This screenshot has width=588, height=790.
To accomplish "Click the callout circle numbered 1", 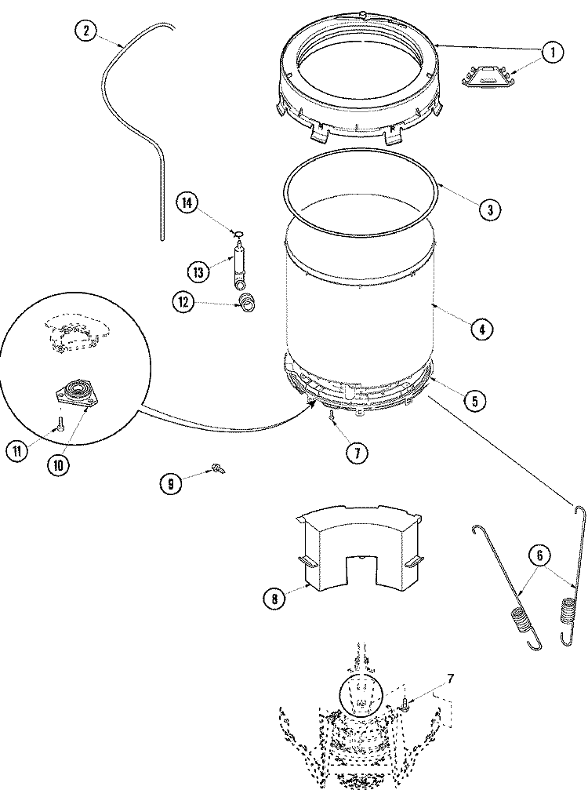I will click(552, 53).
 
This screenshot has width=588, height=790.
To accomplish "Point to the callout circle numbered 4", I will click(481, 329).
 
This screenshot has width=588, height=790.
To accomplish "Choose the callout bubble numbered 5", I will click(474, 401).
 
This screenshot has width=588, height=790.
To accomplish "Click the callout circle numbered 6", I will click(539, 555).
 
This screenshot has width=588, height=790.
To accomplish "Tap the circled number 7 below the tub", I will click(358, 452).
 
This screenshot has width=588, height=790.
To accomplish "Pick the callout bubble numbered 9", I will click(170, 483).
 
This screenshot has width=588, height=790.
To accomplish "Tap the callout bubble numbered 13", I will click(199, 271).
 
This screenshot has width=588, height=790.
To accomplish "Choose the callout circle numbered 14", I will click(187, 202).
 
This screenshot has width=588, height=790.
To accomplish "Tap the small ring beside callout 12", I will click(248, 302).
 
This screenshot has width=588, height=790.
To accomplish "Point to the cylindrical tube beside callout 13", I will click(239, 267).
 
